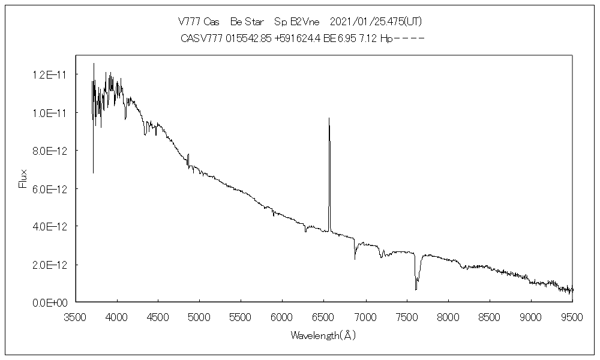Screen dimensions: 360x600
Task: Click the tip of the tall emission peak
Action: click(x=329, y=119)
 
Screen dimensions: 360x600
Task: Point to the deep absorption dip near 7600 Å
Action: click(x=416, y=289)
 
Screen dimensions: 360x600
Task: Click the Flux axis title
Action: click(x=23, y=179)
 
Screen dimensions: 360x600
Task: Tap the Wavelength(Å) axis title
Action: click(x=323, y=335)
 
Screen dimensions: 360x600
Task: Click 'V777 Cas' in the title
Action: click(x=199, y=22)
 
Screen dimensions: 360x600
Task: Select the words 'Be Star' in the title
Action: click(x=245, y=22)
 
